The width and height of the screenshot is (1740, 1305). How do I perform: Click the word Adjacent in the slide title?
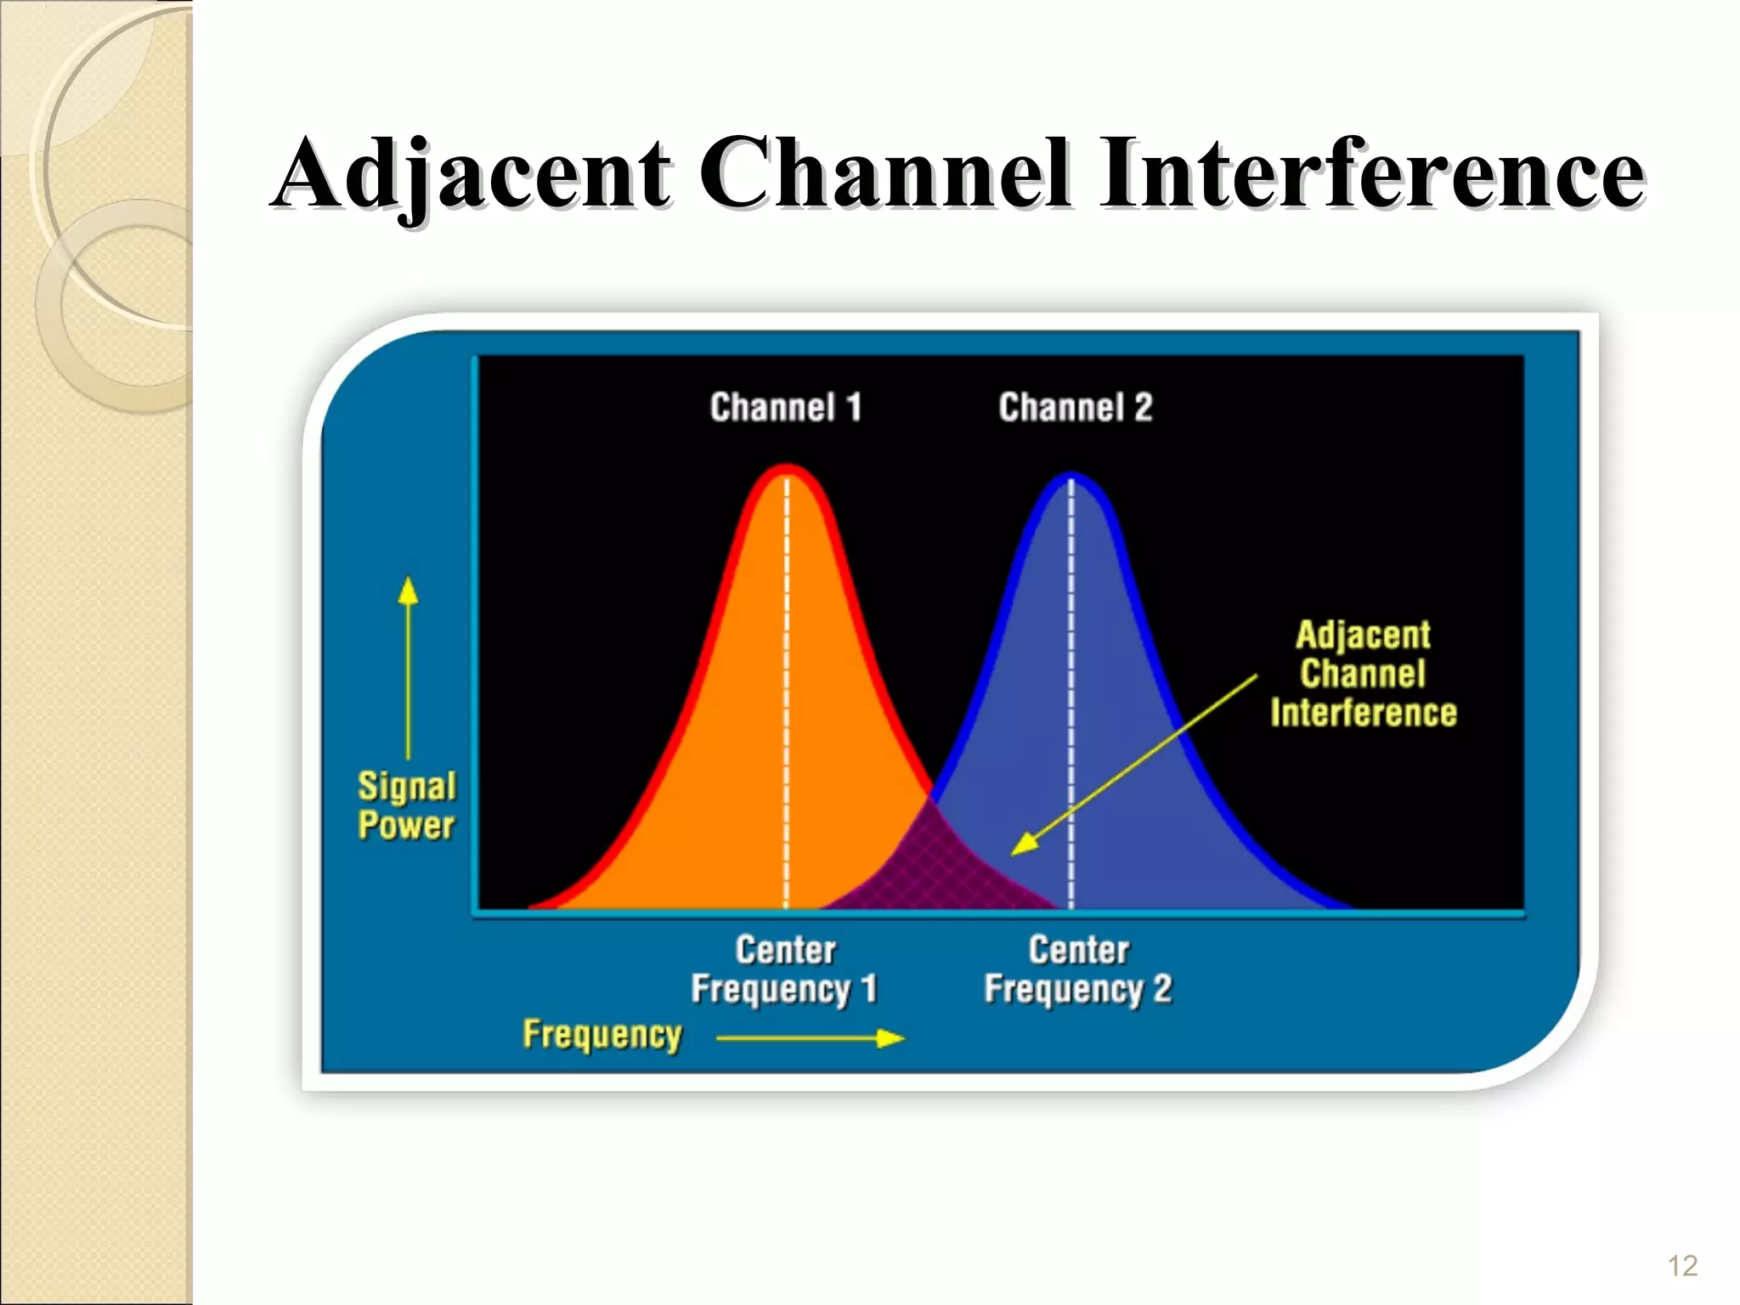tap(472, 174)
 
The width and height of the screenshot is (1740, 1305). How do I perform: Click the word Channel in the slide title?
tap(884, 174)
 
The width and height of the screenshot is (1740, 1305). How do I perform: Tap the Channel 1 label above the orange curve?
tap(786, 407)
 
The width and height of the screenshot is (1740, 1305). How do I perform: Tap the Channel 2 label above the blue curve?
tap(1076, 407)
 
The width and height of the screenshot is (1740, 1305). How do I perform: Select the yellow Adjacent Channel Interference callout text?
tap(1363, 674)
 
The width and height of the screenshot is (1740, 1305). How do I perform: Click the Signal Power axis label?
tap(406, 805)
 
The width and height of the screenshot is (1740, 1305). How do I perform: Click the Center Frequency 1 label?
tap(785, 969)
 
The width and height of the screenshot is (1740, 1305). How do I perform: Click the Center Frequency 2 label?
tap(1078, 969)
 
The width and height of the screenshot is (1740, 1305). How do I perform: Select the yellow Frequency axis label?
tap(602, 1035)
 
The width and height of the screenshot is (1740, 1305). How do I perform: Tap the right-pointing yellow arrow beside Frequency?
tap(811, 1038)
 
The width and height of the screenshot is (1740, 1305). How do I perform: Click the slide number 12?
tap(1682, 1266)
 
